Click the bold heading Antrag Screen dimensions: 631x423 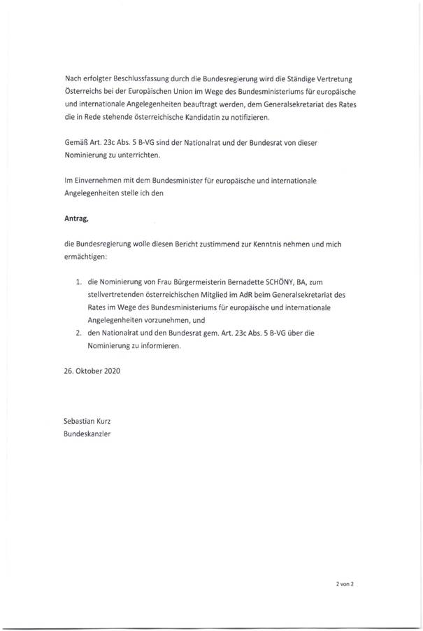(76, 221)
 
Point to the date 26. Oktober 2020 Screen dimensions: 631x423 (92, 373)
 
